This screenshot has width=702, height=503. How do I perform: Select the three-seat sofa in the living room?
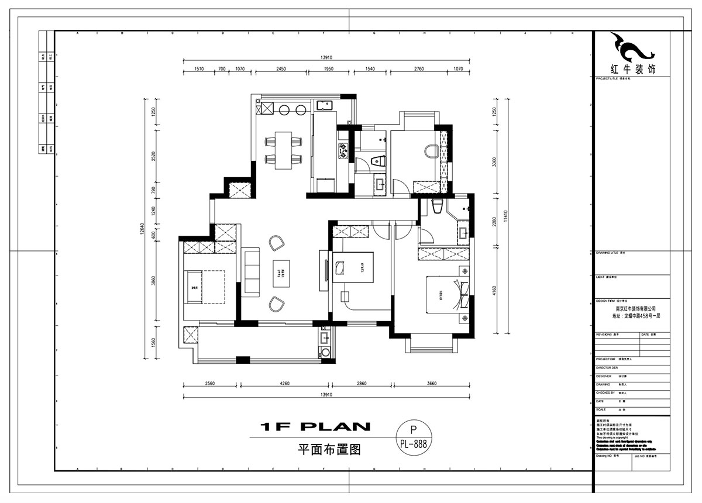tap(252, 273)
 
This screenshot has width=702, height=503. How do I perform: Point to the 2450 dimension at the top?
tap(281, 69)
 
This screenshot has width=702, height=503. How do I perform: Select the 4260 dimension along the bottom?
tap(284, 384)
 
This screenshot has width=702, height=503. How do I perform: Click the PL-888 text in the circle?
tap(413, 443)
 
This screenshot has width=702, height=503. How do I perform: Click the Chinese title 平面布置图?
tap(328, 450)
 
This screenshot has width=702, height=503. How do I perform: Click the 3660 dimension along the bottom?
tap(432, 384)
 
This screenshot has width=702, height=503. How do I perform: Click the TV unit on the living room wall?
tap(324, 270)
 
